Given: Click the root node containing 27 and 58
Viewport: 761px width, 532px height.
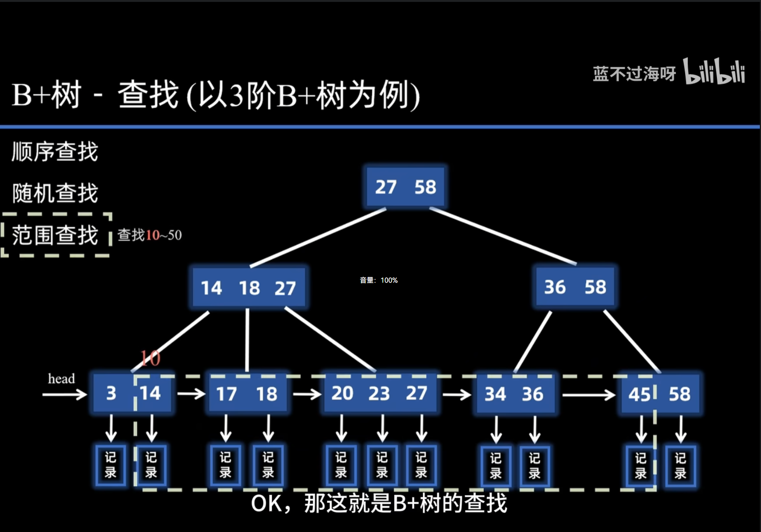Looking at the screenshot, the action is pyautogui.click(x=405, y=187).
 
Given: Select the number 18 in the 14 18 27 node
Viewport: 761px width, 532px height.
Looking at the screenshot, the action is pyautogui.click(x=249, y=288).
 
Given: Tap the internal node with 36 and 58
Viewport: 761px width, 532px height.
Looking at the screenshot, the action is pyautogui.click(x=575, y=287).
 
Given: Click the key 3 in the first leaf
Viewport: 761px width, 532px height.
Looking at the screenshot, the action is pyautogui.click(x=111, y=393).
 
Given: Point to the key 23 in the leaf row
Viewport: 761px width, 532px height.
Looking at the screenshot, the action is pyautogui.click(x=379, y=394).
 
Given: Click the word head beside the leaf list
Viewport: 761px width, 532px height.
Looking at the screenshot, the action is pyautogui.click(x=61, y=379).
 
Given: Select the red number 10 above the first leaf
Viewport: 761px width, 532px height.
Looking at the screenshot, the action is pyautogui.click(x=150, y=358).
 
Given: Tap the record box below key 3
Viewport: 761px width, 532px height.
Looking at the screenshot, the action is pyautogui.click(x=111, y=465).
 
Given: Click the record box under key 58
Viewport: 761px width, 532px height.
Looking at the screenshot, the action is pyautogui.click(x=680, y=466).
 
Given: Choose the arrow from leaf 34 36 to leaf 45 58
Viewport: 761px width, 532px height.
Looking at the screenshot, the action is pyautogui.click(x=588, y=395).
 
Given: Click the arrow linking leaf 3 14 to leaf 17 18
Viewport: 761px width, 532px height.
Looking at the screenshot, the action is pyautogui.click(x=191, y=394).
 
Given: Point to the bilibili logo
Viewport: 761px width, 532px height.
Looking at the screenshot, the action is pyautogui.click(x=714, y=72).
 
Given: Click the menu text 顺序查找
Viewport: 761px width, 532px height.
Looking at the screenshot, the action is pyautogui.click(x=55, y=152).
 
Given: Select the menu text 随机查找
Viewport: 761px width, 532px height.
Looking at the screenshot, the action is pyautogui.click(x=55, y=193).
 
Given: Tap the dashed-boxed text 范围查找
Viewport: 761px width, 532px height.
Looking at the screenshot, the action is pyautogui.click(x=55, y=235).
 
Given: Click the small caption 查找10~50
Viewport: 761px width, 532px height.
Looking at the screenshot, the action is pyautogui.click(x=150, y=235).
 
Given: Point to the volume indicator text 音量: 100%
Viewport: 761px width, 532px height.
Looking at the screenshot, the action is pyautogui.click(x=378, y=280).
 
